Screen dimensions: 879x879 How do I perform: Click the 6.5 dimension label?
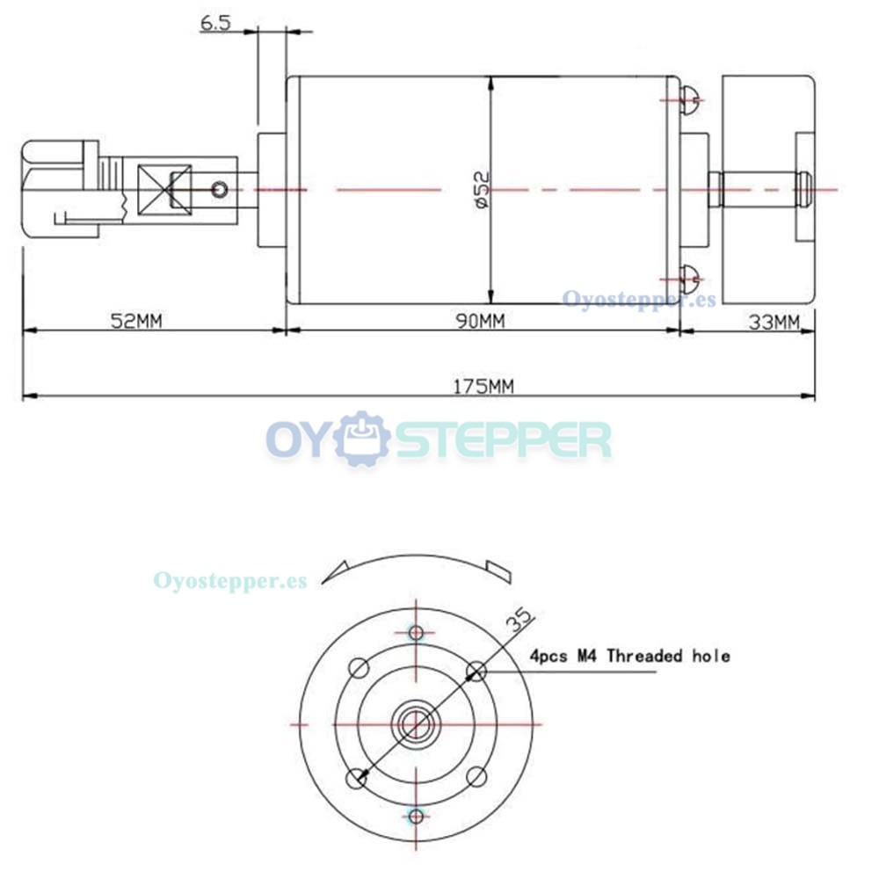click(x=215, y=23)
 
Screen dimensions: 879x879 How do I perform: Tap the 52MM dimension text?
click(x=136, y=321)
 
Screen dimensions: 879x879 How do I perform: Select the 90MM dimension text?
click(x=481, y=321)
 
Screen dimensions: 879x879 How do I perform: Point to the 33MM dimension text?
click(x=774, y=323)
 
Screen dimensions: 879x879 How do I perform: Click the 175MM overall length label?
click(x=483, y=386)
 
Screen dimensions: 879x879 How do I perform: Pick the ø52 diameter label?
click(x=482, y=190)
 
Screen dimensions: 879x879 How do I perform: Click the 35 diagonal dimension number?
click(x=519, y=620)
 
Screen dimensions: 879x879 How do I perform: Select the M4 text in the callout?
click(x=587, y=656)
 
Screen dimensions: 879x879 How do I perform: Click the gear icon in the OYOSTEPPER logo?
click(x=362, y=439)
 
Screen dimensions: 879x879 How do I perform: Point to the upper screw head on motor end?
click(x=690, y=100)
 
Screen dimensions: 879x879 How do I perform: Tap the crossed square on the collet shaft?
click(x=165, y=190)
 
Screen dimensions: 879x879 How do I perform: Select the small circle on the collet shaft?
click(x=220, y=190)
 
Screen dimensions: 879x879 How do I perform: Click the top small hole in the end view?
click(x=416, y=633)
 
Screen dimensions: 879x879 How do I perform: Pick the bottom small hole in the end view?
click(x=416, y=817)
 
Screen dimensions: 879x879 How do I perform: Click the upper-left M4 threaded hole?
click(x=359, y=668)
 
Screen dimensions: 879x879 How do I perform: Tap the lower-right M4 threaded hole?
click(x=477, y=777)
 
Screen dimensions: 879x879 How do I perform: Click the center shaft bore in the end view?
click(x=416, y=724)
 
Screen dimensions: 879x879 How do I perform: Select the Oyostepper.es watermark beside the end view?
click(x=230, y=581)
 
